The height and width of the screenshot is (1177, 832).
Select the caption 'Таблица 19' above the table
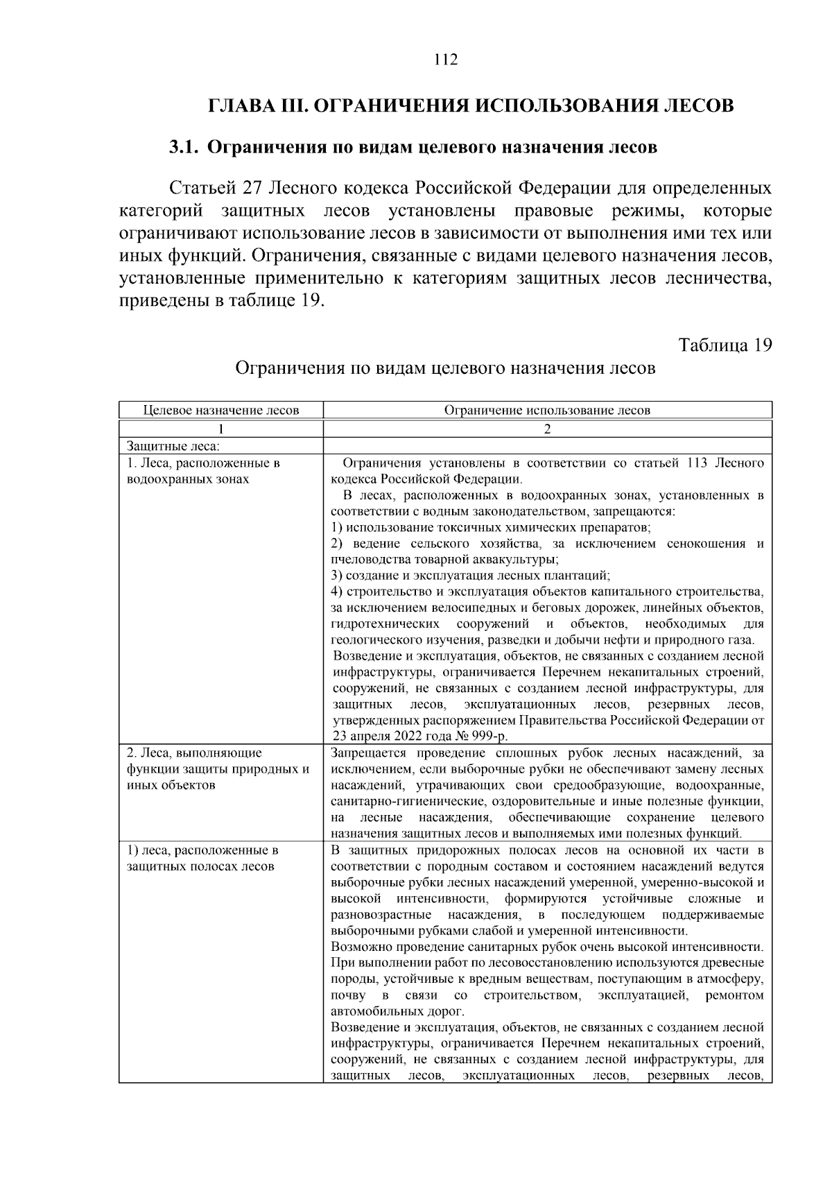click(725, 345)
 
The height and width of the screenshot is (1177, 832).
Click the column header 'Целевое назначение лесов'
click(220, 410)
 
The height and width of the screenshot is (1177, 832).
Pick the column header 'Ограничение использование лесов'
click(547, 410)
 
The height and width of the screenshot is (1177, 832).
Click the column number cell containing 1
click(220, 429)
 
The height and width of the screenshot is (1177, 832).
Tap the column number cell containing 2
click(547, 429)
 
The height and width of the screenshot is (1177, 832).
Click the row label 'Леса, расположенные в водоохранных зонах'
click(203, 471)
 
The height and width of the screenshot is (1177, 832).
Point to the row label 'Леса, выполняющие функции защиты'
click(217, 769)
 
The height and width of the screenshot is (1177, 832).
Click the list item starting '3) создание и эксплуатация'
click(470, 576)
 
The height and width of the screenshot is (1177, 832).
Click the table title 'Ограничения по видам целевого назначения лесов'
click(445, 368)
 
